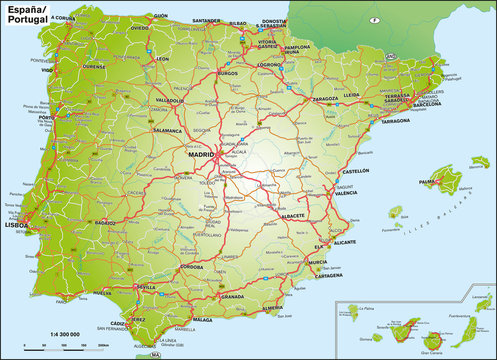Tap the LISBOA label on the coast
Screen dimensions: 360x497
coord(17,225)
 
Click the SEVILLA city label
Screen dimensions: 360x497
coord(146,287)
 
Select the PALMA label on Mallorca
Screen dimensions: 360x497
coord(431,182)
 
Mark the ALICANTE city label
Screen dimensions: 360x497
coord(346,243)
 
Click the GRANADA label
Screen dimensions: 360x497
coord(232,297)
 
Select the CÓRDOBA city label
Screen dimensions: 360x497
coord(191,267)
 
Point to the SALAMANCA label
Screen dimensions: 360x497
coord(167,130)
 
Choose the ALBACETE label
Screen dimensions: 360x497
coord(294,215)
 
